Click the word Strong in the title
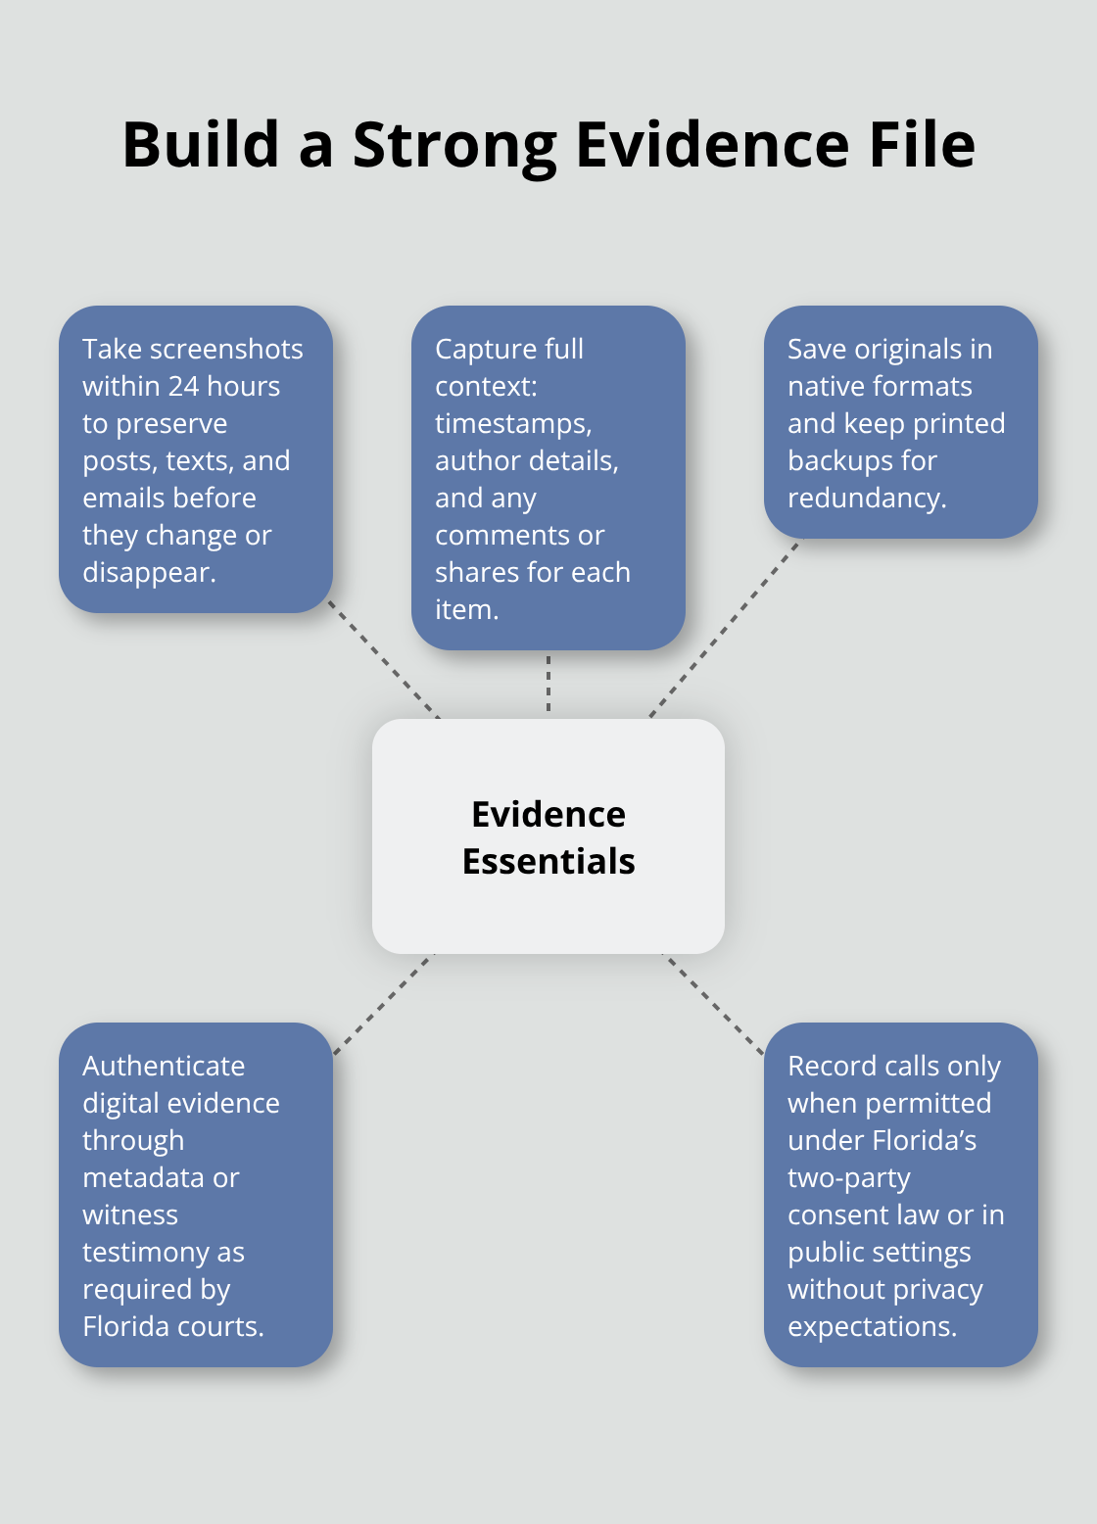[x=454, y=145]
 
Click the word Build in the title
[x=201, y=145]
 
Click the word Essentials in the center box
[x=548, y=862]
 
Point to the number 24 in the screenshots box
[x=183, y=387]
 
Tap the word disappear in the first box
[x=147, y=573]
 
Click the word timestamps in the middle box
[x=512, y=424]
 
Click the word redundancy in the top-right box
[x=865, y=499]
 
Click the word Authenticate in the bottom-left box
[x=164, y=1067]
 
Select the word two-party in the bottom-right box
[x=848, y=1178]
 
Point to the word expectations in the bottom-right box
[x=870, y=1327]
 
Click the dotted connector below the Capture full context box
[x=548, y=684]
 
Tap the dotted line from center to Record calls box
[x=714, y=1004]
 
